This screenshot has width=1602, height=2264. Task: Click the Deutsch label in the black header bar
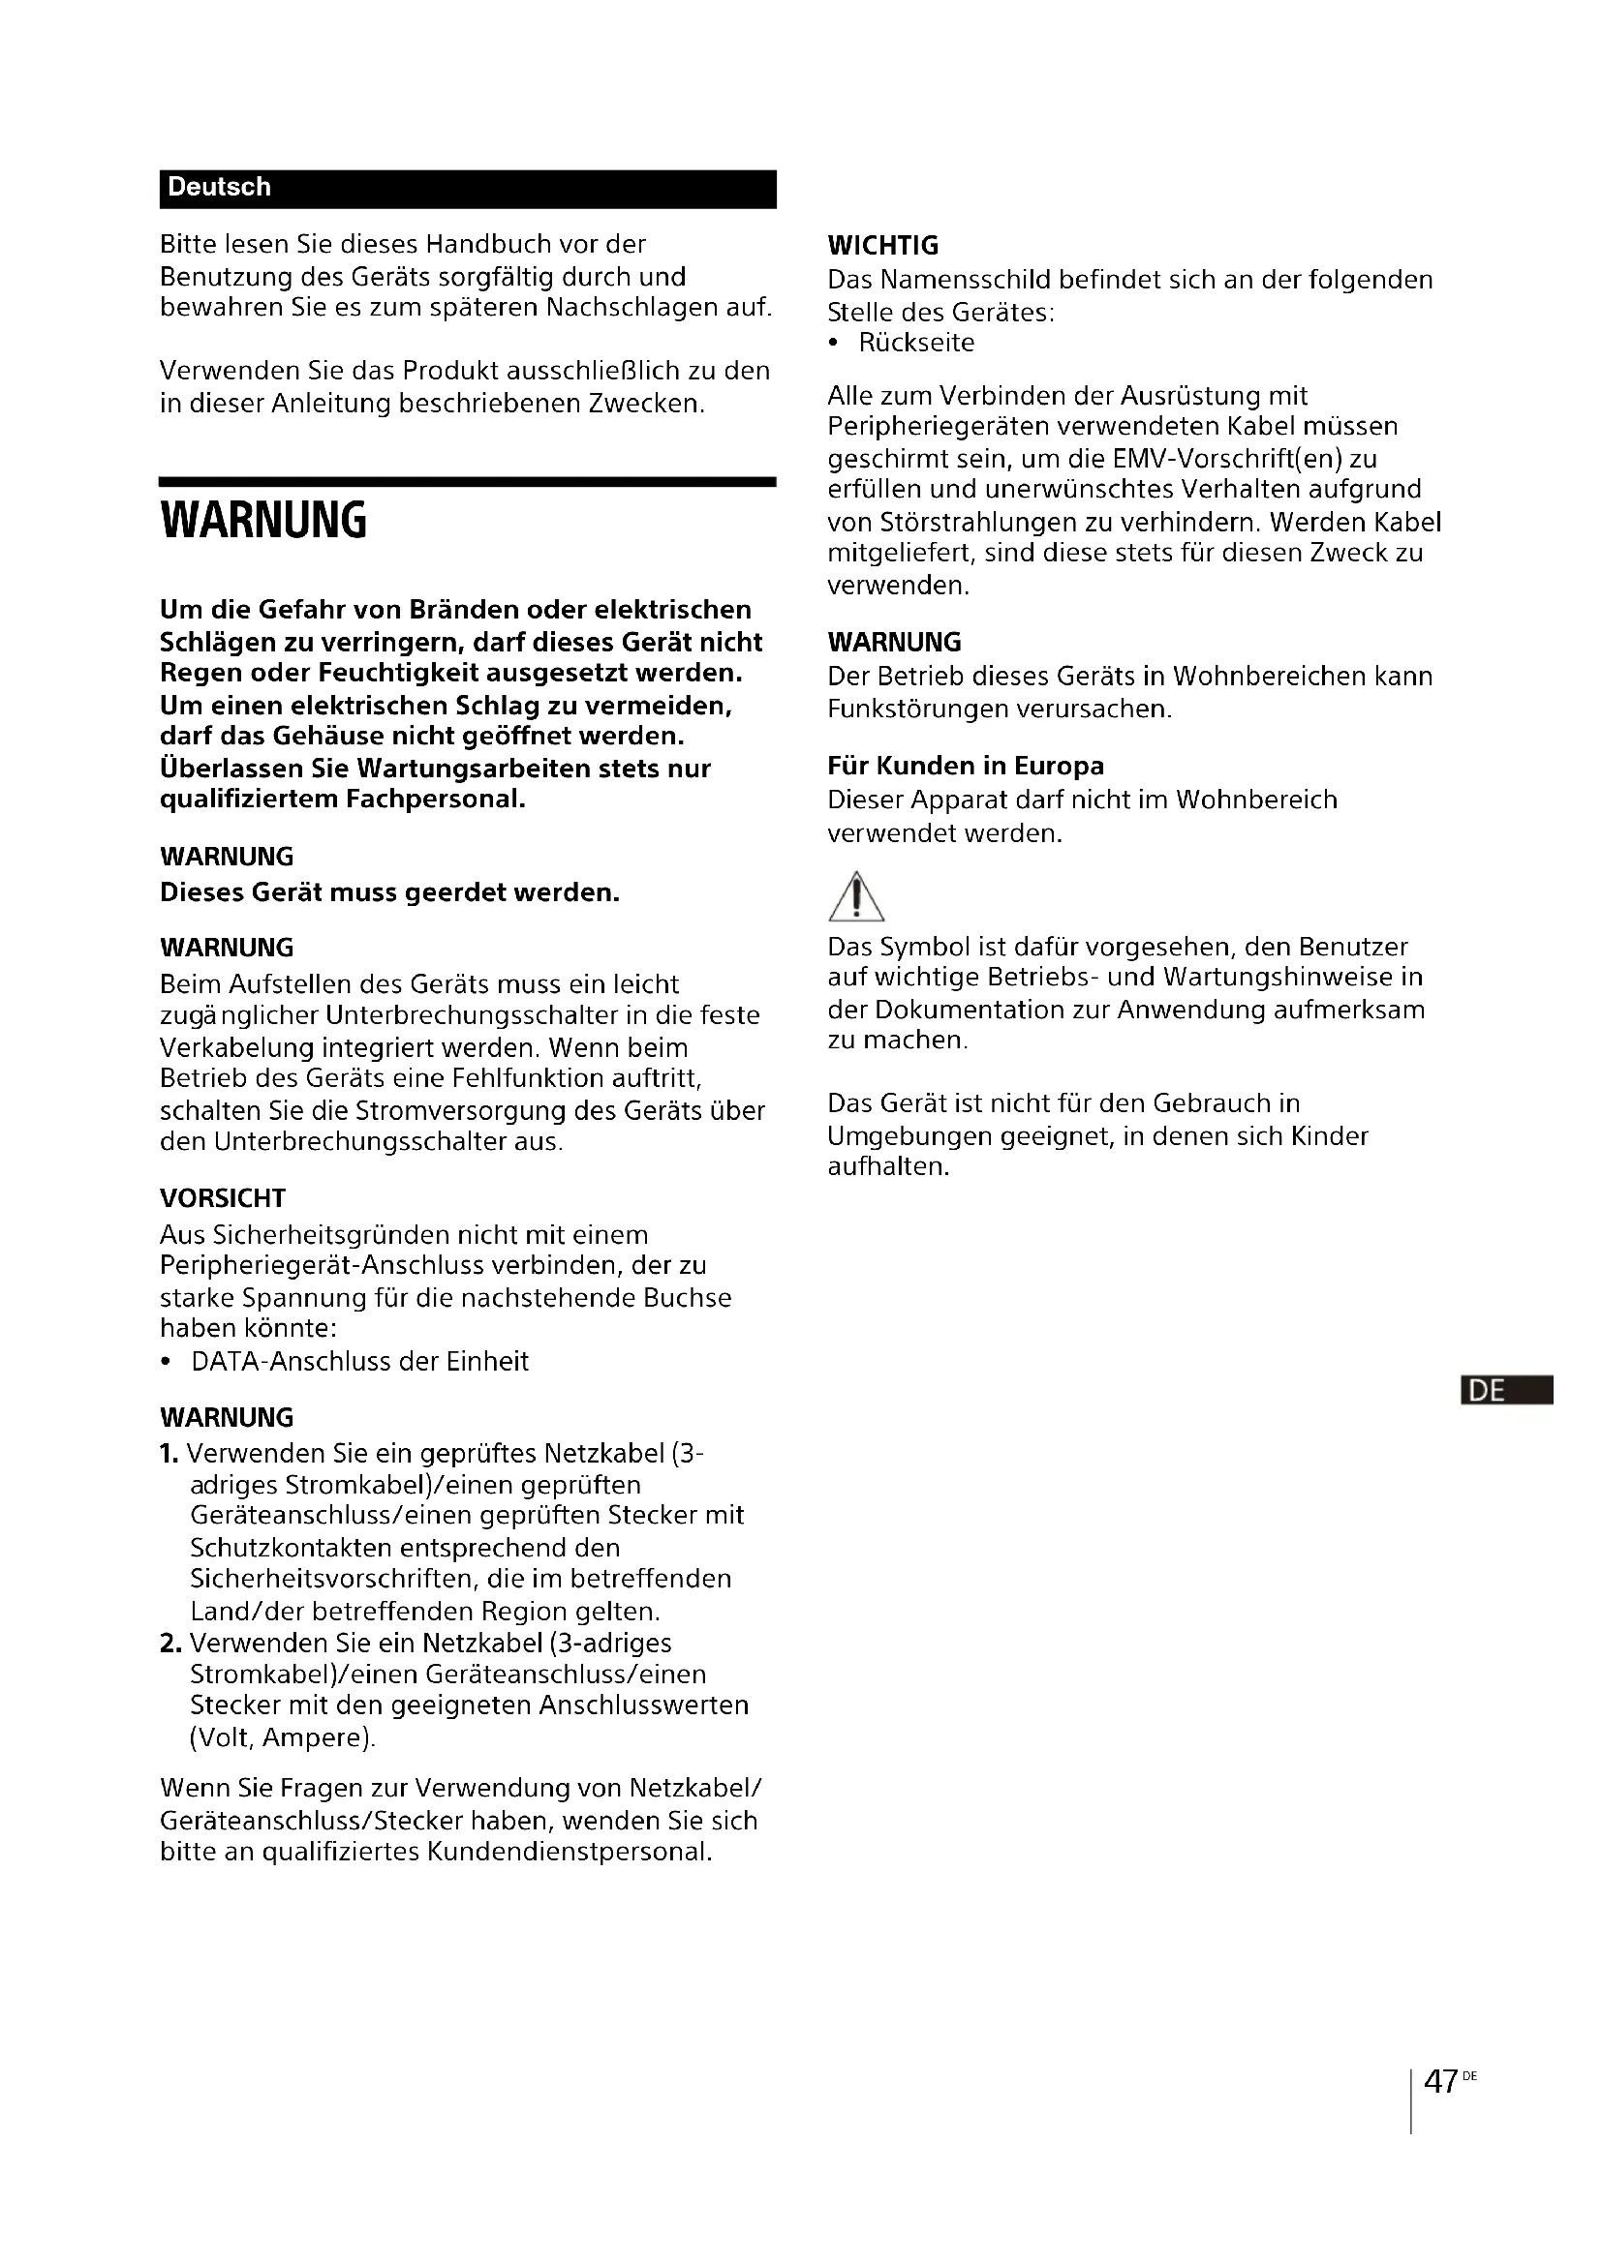point(219,188)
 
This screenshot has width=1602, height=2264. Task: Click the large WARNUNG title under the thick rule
point(263,520)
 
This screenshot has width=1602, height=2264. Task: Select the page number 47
point(1441,2082)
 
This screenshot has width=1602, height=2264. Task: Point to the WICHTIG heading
point(883,246)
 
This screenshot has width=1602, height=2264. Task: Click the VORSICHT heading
point(223,1198)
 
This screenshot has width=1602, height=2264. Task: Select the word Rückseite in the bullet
point(916,344)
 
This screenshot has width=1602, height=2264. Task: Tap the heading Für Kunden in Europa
point(966,767)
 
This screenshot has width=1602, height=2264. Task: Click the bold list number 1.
point(169,1454)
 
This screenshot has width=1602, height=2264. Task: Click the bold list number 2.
point(170,1643)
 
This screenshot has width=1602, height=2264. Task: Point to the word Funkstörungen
point(926,709)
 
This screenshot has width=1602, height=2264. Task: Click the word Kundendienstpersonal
point(570,1852)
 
